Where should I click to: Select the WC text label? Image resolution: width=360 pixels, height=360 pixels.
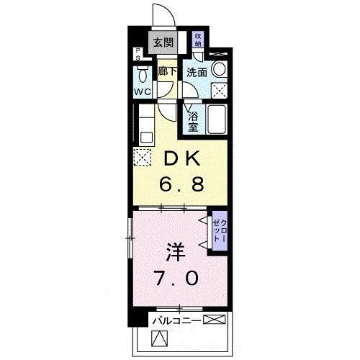tap(142, 92)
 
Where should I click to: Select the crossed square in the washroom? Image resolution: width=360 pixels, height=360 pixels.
tap(220, 91)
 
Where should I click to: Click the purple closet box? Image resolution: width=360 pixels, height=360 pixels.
tap(218, 232)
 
